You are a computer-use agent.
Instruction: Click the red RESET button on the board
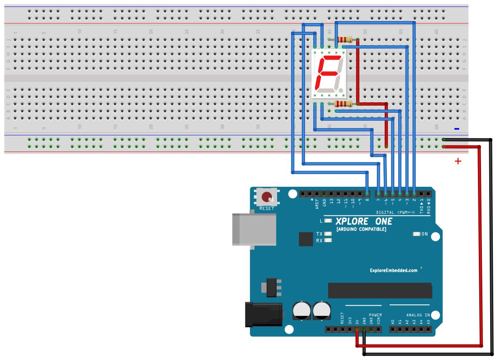tap(267, 197)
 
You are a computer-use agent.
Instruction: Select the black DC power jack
tap(263, 315)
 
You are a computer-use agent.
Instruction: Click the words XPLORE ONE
tap(364, 221)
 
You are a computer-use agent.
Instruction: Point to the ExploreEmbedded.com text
tap(393, 270)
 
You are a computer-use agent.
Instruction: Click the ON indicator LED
tap(417, 234)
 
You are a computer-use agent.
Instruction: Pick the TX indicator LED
tap(328, 234)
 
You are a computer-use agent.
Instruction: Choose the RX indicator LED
tap(328, 240)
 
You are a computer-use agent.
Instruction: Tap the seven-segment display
tap(329, 73)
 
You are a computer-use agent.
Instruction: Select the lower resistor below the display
tap(343, 104)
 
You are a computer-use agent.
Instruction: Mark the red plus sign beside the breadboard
tap(458, 161)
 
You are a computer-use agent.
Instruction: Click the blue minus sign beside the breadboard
tap(457, 129)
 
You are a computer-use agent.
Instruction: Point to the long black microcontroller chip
tap(380, 290)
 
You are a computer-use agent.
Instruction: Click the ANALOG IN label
tap(418, 315)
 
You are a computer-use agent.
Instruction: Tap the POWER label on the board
tap(375, 315)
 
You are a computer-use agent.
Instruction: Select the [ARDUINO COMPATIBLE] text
tap(361, 229)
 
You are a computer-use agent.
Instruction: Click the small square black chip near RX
tap(306, 239)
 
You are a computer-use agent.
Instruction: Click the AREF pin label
tap(317, 204)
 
